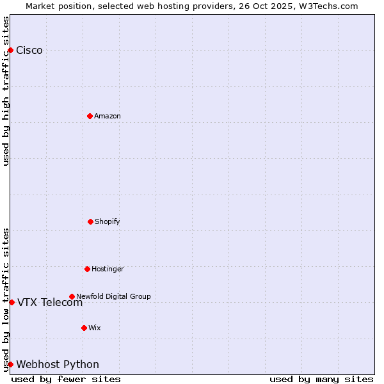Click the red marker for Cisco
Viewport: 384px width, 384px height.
[10, 50]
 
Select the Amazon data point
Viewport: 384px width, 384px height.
[90, 116]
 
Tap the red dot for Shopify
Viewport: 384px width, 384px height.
[90, 221]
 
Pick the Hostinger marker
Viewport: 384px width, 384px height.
[87, 269]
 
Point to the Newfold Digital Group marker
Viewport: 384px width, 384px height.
[72, 296]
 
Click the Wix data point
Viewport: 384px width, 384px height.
[84, 328]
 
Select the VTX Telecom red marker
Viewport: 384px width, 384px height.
[12, 302]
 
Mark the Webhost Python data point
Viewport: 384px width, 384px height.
[10, 364]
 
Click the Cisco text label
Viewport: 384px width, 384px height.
[29, 51]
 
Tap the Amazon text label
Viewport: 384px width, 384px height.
[108, 116]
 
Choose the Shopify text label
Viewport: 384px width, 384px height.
[108, 221]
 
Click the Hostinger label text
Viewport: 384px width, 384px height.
[108, 269]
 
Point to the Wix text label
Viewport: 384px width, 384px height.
[95, 328]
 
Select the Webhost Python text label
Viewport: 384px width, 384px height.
[58, 365]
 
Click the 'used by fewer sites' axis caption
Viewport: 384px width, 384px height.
[66, 379]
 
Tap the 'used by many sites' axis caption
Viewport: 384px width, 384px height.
[321, 379]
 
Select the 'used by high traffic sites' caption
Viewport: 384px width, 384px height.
[6, 91]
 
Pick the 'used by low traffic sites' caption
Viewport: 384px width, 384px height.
[6, 300]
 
